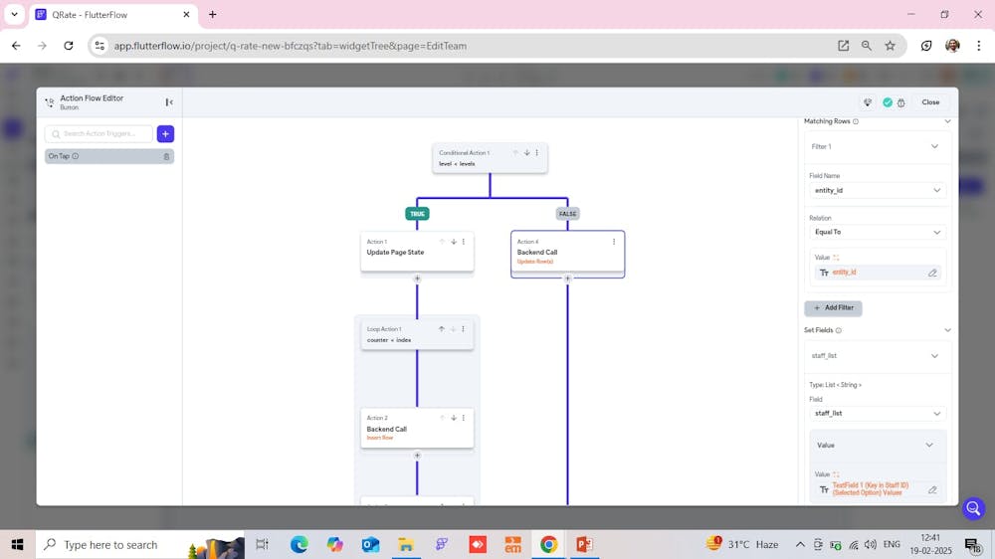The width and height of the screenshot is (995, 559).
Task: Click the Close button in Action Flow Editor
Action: tap(930, 102)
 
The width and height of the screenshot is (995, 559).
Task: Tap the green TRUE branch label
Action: tap(417, 214)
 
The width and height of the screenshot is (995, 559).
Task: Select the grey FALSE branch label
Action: tap(567, 214)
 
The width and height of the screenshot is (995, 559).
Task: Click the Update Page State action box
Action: tap(417, 252)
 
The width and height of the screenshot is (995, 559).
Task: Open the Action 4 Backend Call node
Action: tap(567, 253)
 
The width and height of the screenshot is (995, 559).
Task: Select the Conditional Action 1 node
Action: tap(490, 158)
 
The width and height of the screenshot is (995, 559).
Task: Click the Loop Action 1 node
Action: tap(417, 334)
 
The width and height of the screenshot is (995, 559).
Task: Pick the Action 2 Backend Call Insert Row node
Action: tap(417, 429)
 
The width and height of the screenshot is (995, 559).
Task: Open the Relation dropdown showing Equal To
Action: tap(877, 232)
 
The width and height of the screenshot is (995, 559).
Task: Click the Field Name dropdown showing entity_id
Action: tap(877, 190)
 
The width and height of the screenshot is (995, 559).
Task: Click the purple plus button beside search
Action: tap(165, 133)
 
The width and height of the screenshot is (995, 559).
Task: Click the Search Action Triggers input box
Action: tap(99, 133)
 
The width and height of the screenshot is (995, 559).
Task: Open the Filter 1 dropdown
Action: tap(877, 146)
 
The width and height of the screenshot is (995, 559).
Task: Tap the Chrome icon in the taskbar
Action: tap(548, 544)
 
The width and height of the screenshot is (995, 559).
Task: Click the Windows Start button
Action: tap(17, 544)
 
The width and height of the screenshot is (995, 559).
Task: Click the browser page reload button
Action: tap(69, 46)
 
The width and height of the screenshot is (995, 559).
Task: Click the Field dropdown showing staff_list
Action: tap(877, 413)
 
